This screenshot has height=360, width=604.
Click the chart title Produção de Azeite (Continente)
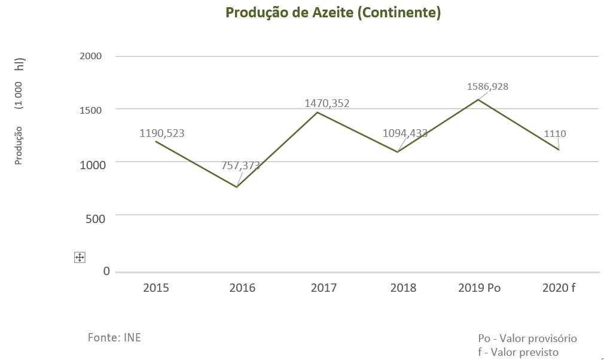click(332, 13)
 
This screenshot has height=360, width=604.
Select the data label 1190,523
click(162, 133)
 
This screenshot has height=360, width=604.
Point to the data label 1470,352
click(327, 103)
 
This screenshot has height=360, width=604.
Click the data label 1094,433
click(405, 133)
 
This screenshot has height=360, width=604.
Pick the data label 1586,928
click(488, 87)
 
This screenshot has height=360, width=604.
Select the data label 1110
click(555, 134)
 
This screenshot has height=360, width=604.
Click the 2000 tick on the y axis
click(91, 56)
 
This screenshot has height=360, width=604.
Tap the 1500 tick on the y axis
click(91, 110)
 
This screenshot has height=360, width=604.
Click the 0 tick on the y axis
click(106, 271)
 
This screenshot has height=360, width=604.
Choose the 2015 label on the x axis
click(156, 288)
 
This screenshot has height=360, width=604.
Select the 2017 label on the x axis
click(324, 288)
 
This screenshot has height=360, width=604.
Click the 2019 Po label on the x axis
click(480, 288)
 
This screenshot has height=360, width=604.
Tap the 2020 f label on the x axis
click(559, 288)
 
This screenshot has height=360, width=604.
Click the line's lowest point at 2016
click(237, 187)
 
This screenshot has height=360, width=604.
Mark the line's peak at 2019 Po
click(478, 99)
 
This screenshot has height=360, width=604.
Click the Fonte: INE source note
click(114, 338)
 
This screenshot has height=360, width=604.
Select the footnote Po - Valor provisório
click(527, 338)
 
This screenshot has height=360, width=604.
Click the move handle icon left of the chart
click(80, 257)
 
